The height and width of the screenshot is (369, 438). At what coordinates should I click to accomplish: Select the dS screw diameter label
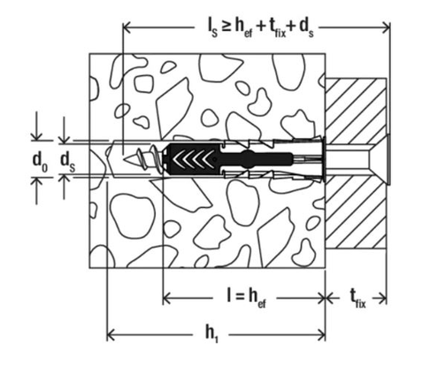tap(66, 159)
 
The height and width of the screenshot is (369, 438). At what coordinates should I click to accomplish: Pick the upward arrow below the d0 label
tap(36, 182)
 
